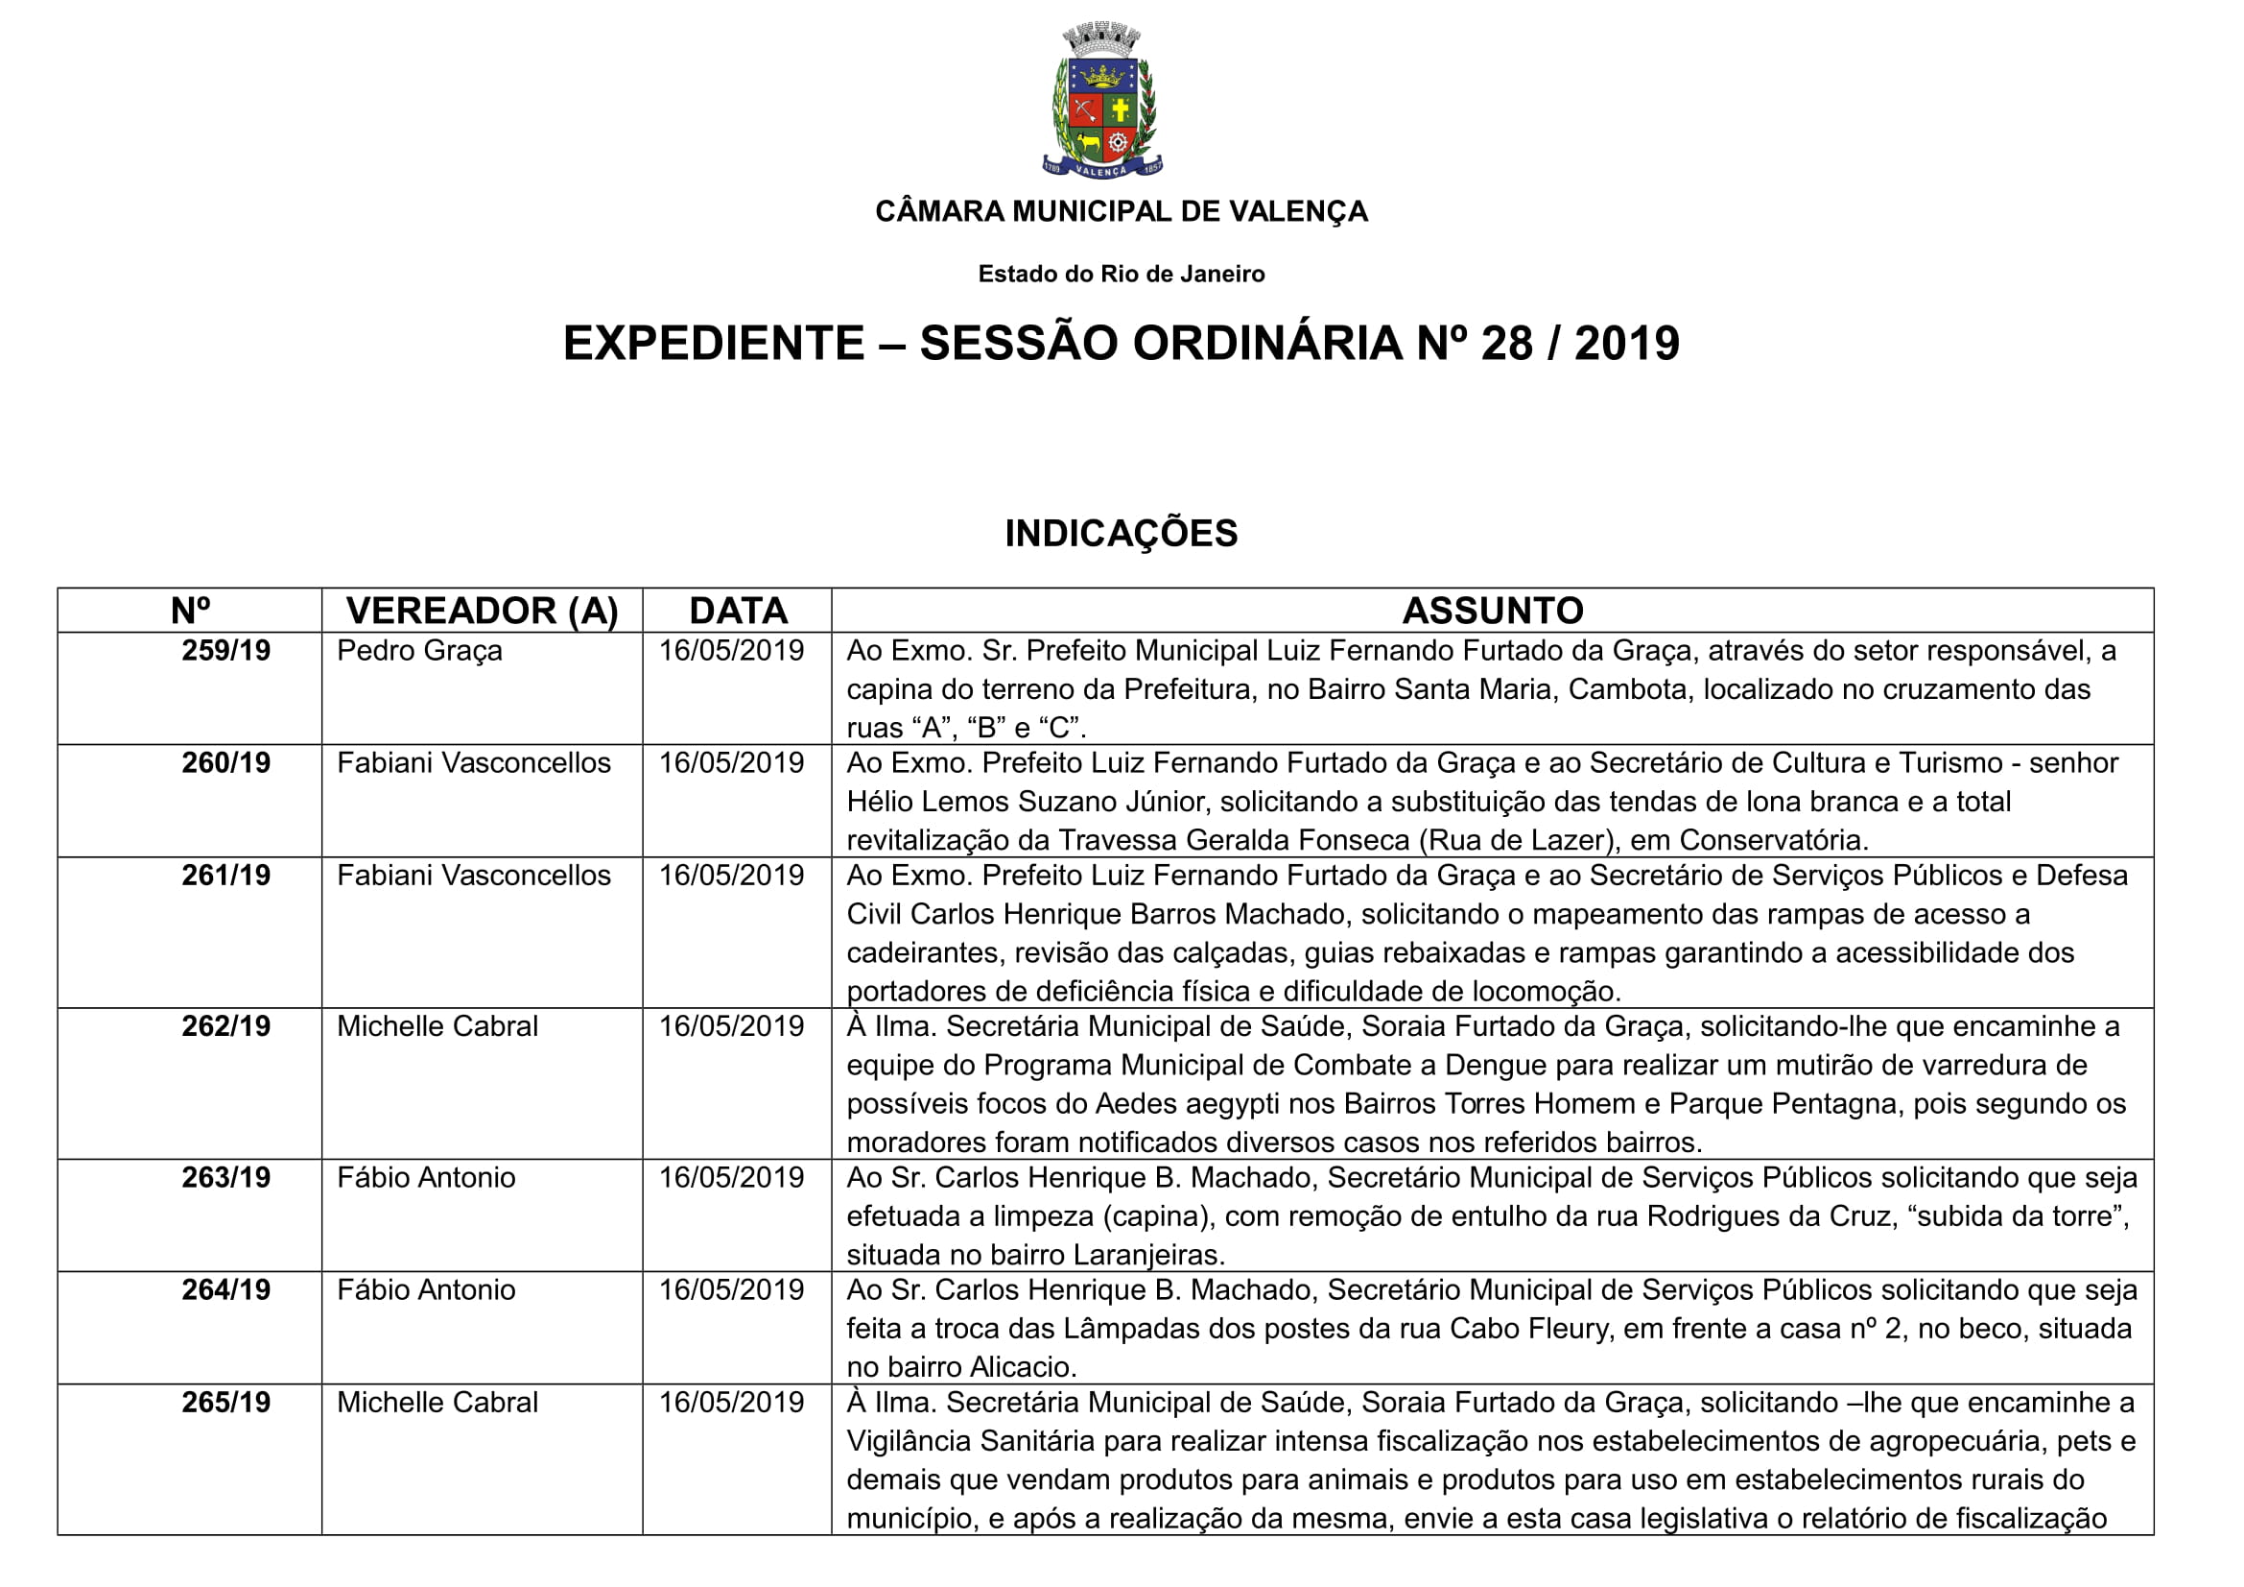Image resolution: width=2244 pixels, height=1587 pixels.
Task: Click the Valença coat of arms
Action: pyautogui.click(x=1102, y=102)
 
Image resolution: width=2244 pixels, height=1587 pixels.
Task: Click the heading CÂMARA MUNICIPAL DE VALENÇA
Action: pyautogui.click(x=1121, y=211)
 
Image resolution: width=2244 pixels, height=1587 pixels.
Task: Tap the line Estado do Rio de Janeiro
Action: pyautogui.click(x=1121, y=274)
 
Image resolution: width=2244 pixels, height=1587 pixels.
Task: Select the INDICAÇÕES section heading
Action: pyautogui.click(x=1121, y=534)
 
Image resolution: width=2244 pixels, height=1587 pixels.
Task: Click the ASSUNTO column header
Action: pyautogui.click(x=1493, y=612)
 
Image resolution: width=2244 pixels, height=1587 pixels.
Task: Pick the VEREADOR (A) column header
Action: pyautogui.click(x=482, y=612)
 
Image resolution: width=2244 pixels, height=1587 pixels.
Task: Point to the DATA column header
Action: pyautogui.click(x=738, y=612)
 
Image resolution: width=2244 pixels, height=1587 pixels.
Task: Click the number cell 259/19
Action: pyautogui.click(x=225, y=651)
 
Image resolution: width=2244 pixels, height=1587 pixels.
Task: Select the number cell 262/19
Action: pyautogui.click(x=225, y=1026)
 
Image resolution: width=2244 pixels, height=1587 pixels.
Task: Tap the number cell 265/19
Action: pyautogui.click(x=225, y=1404)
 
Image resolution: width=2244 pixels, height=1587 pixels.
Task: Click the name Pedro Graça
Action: pyautogui.click(x=419, y=651)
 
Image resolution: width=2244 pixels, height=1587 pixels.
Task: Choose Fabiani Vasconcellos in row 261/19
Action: pyautogui.click(x=474, y=877)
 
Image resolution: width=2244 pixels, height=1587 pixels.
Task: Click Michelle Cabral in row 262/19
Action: pyautogui.click(x=437, y=1026)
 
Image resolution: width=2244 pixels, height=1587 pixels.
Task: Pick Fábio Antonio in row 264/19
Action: pyautogui.click(x=426, y=1290)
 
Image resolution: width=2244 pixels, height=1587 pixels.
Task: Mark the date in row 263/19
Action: pyautogui.click(x=731, y=1178)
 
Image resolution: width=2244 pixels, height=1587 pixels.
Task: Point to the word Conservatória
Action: pyautogui.click(x=1773, y=841)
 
